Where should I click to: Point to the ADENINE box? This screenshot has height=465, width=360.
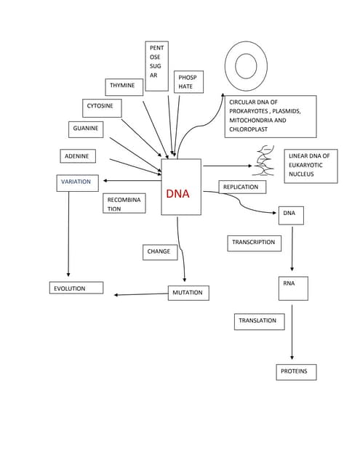tap(78, 156)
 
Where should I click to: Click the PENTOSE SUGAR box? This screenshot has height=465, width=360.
tap(156, 66)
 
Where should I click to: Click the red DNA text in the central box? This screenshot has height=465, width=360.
tap(177, 194)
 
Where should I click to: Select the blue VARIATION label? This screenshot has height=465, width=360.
tap(76, 182)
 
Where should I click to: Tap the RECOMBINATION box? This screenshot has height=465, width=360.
tap(124, 203)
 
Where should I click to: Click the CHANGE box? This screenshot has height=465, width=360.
tap(159, 252)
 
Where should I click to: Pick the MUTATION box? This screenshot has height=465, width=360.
tap(188, 293)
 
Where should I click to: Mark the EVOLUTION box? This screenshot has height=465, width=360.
tap(76, 288)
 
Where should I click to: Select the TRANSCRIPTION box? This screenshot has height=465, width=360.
tap(254, 242)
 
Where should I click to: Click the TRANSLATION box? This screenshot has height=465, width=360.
tap(259, 320)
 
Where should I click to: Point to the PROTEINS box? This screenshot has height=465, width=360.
tap(296, 372)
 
